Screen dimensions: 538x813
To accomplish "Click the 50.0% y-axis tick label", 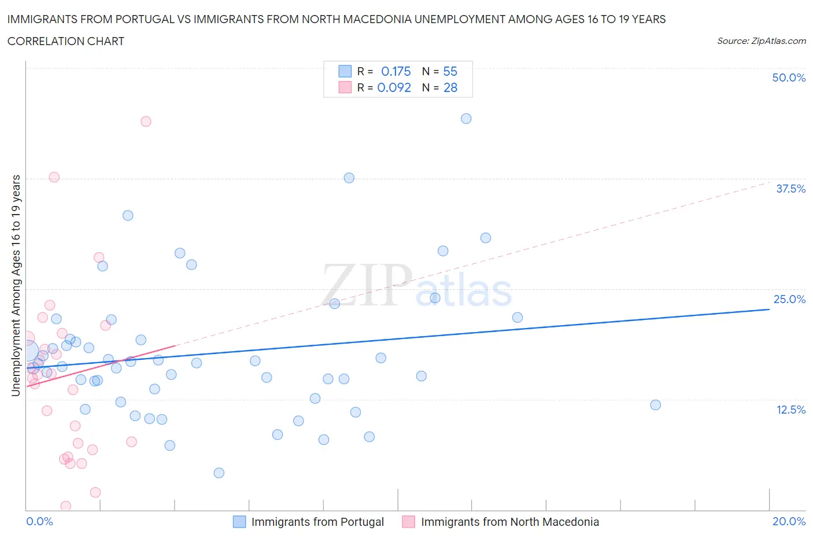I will (x=788, y=78).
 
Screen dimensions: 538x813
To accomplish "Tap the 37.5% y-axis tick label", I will (x=790, y=189).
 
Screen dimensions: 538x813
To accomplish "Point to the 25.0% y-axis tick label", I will (x=789, y=299).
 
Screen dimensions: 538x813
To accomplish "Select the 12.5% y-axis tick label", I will (x=790, y=410).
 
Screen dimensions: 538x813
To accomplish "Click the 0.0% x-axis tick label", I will (x=39, y=521).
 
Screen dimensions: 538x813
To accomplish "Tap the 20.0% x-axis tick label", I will (x=789, y=521).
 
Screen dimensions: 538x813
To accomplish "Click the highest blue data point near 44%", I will (x=466, y=119).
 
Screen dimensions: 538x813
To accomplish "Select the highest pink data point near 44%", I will (x=146, y=121).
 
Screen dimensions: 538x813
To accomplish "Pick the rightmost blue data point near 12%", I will (x=655, y=405).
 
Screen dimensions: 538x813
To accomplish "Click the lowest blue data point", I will (x=219, y=473).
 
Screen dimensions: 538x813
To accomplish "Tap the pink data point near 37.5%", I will (x=54, y=177).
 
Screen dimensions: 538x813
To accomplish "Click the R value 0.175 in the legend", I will (x=396, y=71).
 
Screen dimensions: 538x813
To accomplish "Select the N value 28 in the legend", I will (x=450, y=87).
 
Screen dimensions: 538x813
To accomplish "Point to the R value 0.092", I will (x=394, y=87).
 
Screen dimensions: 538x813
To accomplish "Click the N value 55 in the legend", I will (x=450, y=71).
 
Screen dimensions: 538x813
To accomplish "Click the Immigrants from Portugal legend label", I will (x=317, y=522).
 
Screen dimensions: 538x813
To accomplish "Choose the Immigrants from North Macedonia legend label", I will (x=509, y=522).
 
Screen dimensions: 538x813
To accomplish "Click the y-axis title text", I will (x=16, y=286).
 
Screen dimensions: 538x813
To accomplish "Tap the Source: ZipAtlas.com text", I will (x=761, y=40).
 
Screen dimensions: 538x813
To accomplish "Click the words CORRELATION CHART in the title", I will (x=66, y=41).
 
